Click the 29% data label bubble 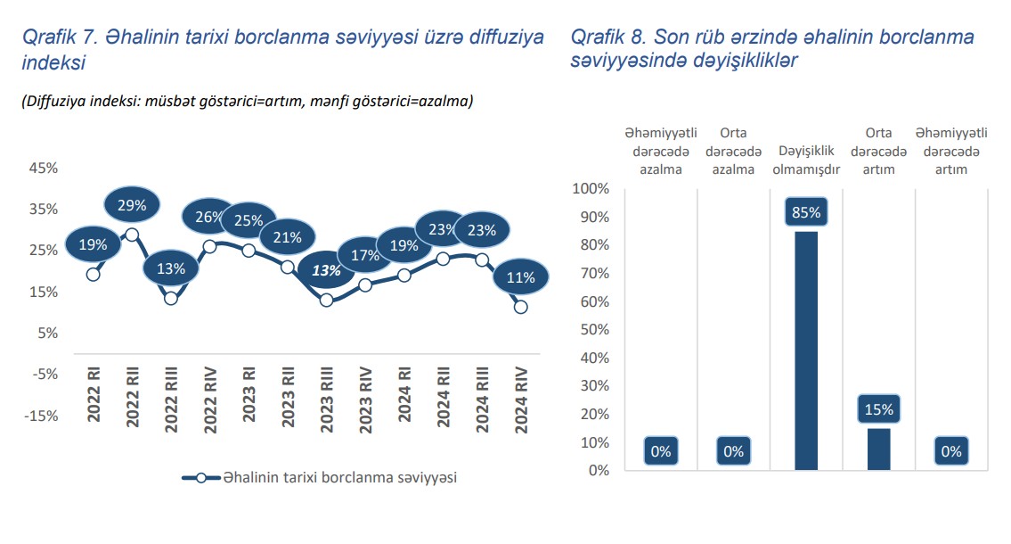coord(131,204)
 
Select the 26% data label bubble coord(208,217)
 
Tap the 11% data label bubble coord(521,277)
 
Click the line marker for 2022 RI coord(93,274)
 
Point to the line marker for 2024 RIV coord(521,307)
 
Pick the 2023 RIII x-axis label coord(326,399)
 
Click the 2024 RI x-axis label coord(404,399)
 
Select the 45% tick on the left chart coord(44,168)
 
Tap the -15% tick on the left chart coord(42,416)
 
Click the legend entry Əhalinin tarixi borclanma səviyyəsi coord(321,477)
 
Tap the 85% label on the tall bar coord(806,213)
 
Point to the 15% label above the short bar coord(879,410)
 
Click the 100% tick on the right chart coord(589,189)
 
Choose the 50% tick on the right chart coord(591,330)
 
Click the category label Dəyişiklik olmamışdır coord(806,160)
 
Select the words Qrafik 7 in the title coord(59,37)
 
